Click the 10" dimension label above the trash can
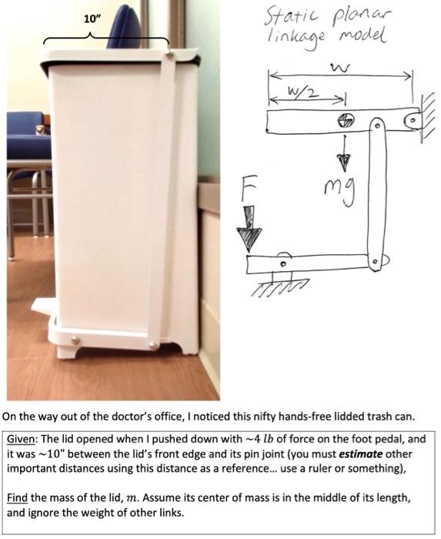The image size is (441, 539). click(x=90, y=19)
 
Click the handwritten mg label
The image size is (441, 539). click(x=339, y=192)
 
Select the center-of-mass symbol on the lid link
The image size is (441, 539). click(x=346, y=120)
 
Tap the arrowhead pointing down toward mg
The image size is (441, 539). click(x=343, y=162)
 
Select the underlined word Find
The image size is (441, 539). click(x=17, y=497)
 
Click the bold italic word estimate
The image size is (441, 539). click(x=361, y=454)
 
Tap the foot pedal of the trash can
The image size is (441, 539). click(x=44, y=306)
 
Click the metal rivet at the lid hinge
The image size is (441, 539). click(x=169, y=53)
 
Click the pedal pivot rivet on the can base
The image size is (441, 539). click(x=75, y=340)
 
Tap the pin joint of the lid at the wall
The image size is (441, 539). click(x=414, y=120)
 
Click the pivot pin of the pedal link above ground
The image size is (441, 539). click(x=283, y=264)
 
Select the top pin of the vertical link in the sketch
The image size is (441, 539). click(x=377, y=126)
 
